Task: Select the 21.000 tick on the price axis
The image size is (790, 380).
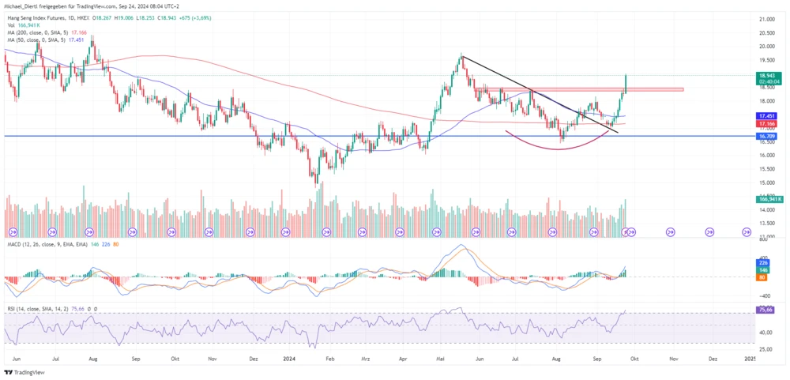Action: click(765, 18)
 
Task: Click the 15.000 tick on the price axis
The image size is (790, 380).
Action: click(765, 182)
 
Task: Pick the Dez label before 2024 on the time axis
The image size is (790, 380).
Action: click(253, 358)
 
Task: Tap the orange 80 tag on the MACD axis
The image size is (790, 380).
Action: click(762, 277)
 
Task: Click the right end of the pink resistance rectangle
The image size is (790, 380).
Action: click(682, 89)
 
